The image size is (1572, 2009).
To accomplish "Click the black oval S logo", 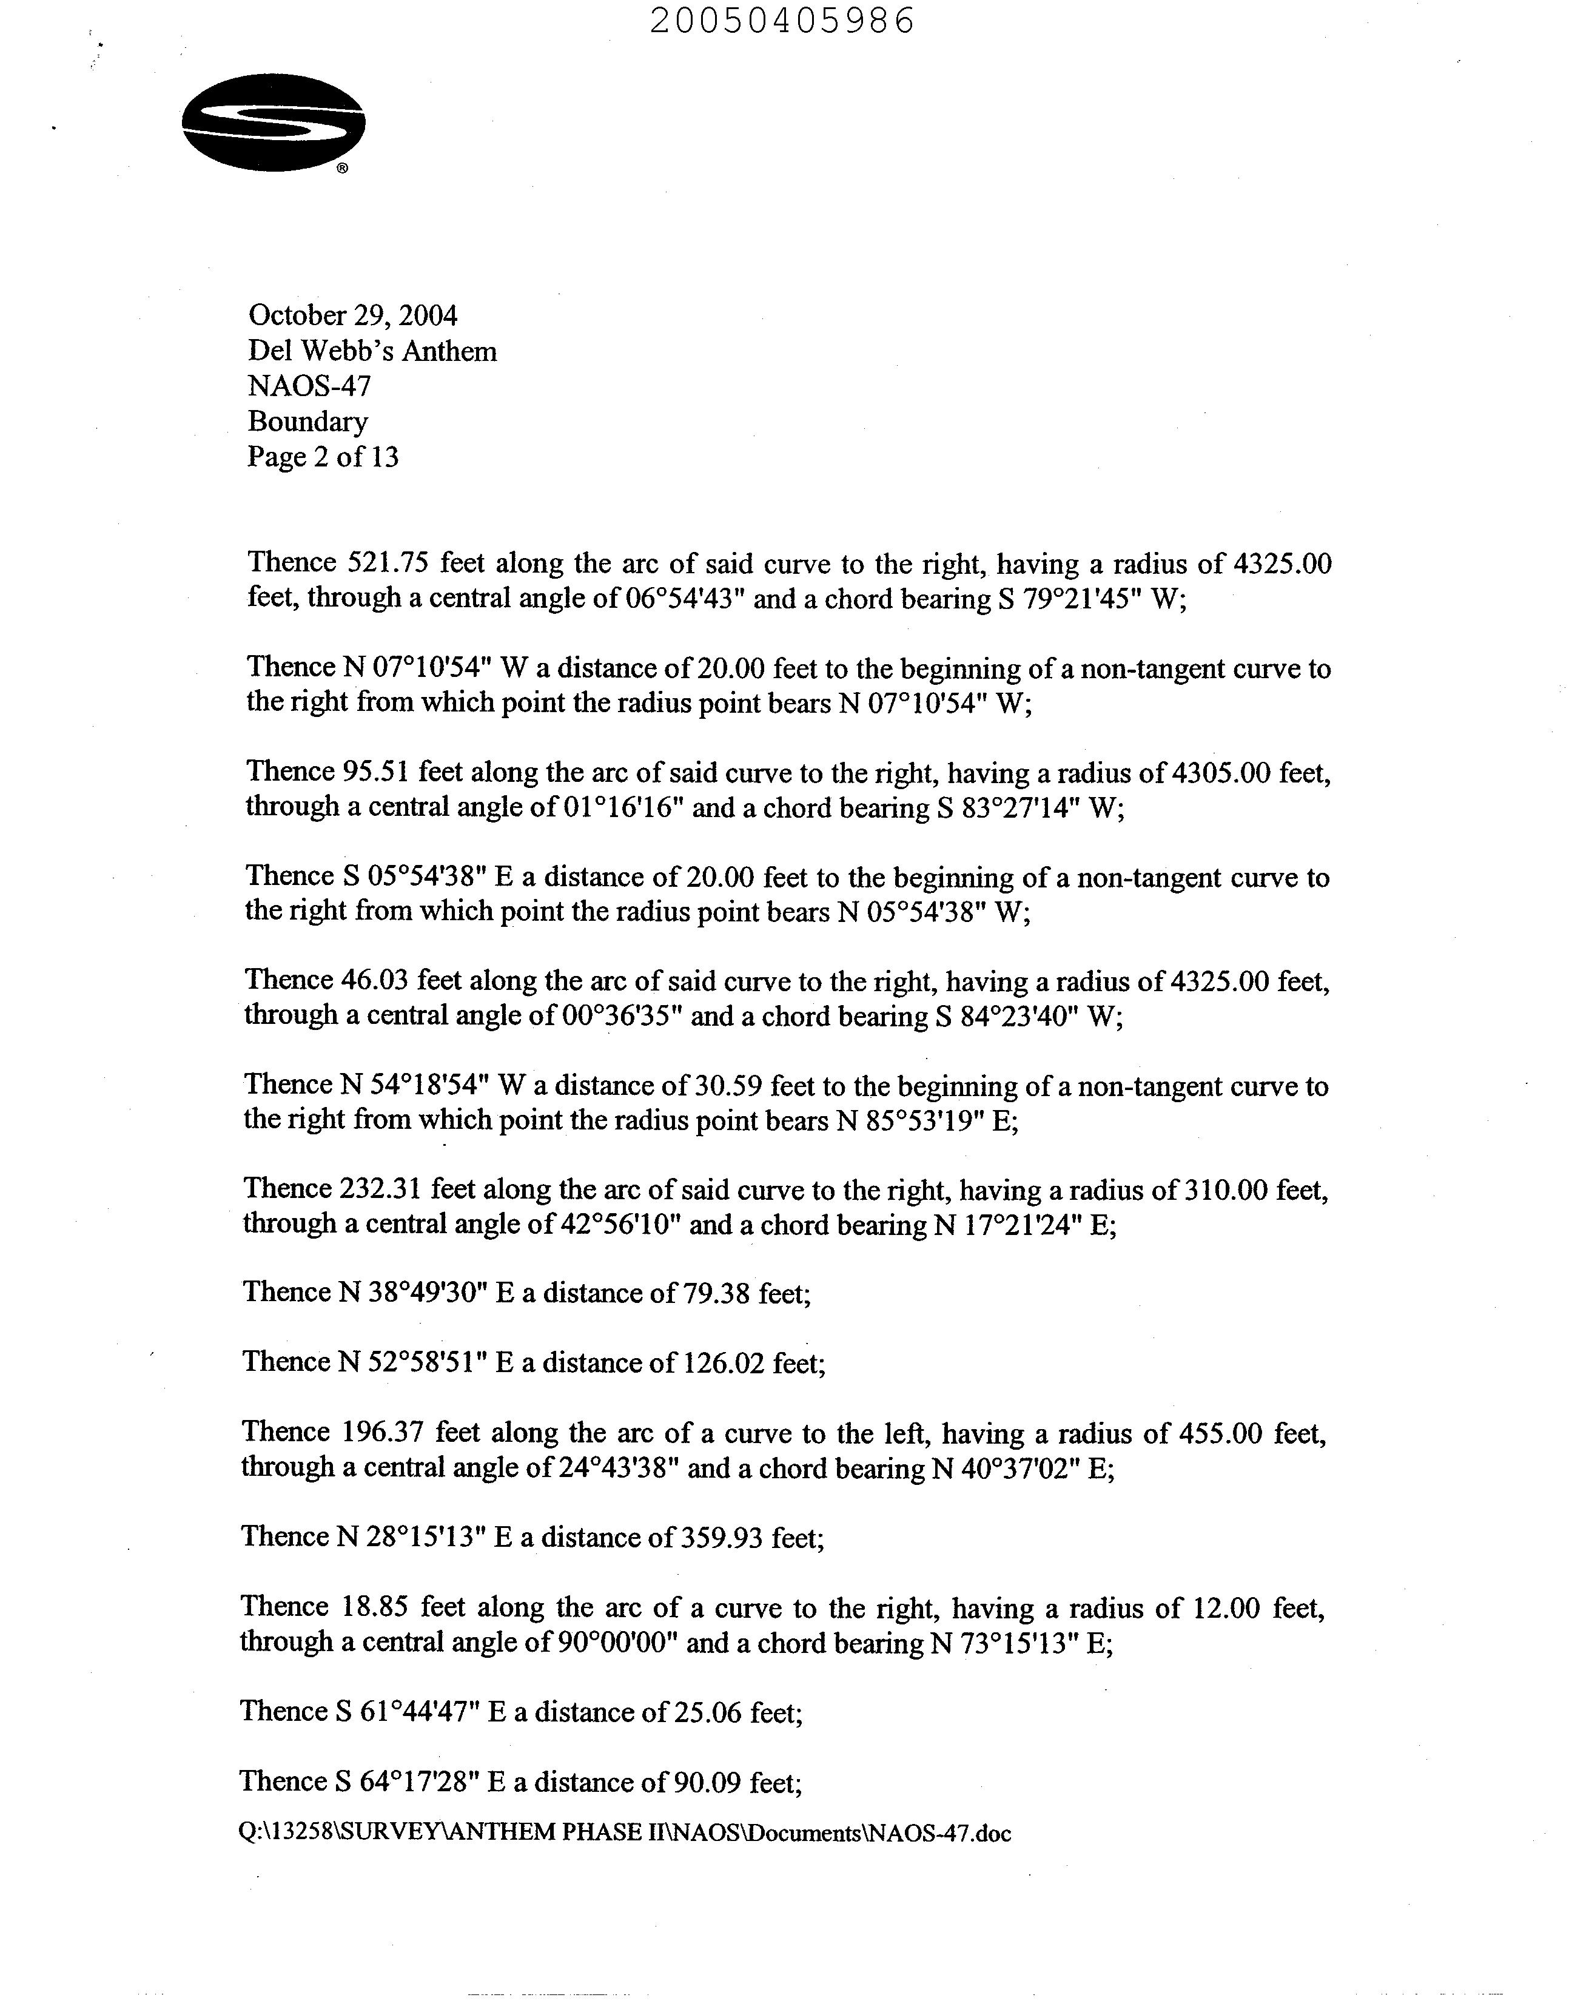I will pos(274,123).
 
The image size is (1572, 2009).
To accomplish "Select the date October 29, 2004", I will pos(352,315).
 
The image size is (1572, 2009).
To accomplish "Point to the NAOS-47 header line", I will pos(309,386).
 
